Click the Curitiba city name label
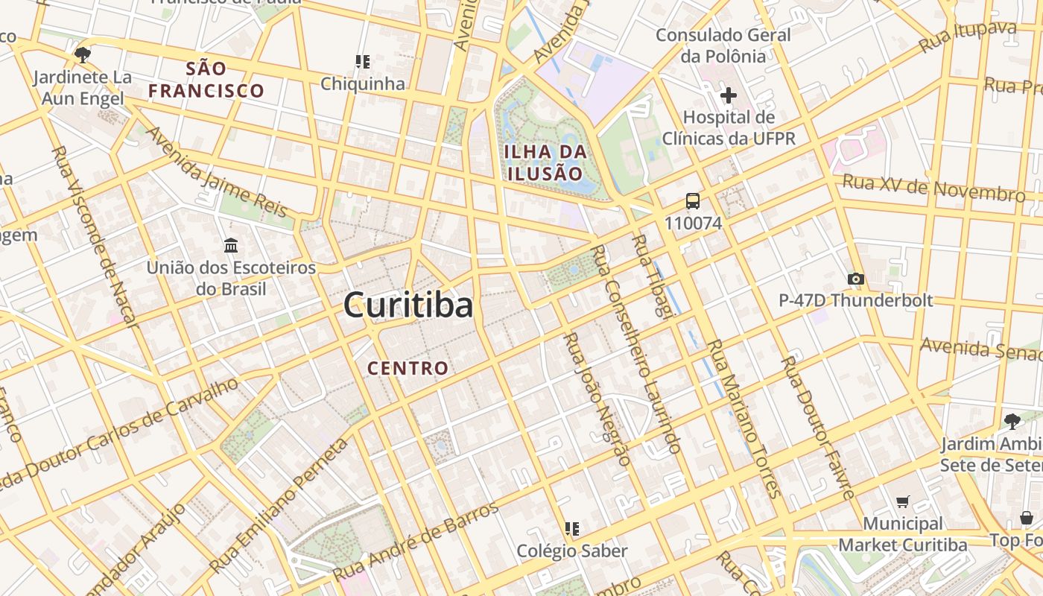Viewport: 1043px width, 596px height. point(408,305)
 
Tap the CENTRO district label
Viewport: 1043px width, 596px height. point(408,368)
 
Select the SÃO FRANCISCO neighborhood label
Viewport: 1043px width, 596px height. point(206,80)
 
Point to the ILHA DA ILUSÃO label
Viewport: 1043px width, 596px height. point(545,162)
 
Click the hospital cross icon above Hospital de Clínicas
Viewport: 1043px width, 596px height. point(729,95)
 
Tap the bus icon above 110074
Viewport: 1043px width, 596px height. point(693,201)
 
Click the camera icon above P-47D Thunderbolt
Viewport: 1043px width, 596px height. point(855,279)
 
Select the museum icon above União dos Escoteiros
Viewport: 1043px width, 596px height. point(231,245)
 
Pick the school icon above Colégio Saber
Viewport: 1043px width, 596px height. point(572,529)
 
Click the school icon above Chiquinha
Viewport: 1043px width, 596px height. point(363,61)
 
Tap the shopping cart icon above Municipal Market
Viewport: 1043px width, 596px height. point(903,502)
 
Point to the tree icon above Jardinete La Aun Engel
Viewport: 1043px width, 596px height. point(83,54)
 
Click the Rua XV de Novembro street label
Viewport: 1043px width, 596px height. point(933,188)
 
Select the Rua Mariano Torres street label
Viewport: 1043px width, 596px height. point(743,419)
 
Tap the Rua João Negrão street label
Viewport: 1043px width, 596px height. point(596,399)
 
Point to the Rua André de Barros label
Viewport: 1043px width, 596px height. point(416,542)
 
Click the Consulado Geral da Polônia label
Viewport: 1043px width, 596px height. point(711,45)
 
